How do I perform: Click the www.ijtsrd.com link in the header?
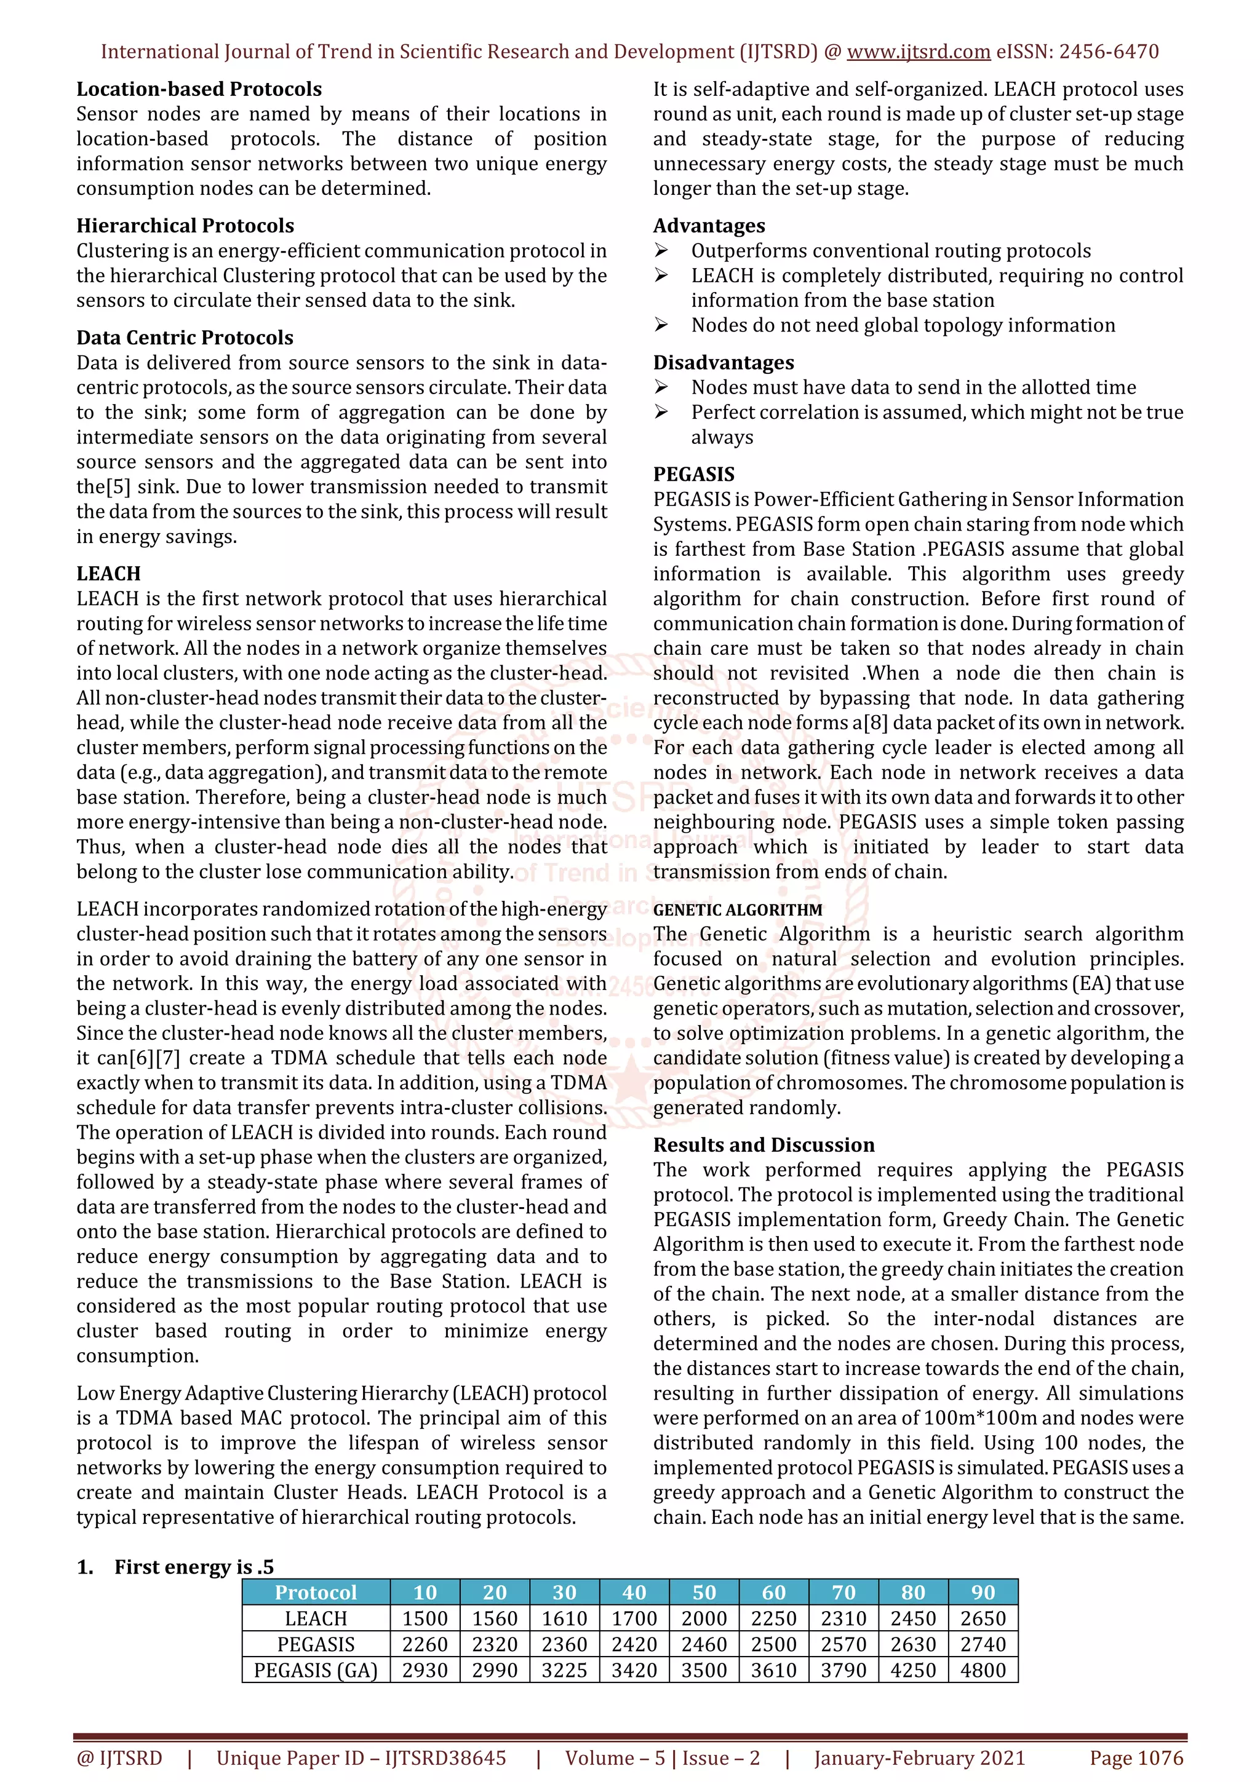[x=918, y=52]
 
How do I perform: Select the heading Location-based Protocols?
[x=199, y=89]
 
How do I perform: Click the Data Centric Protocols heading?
[x=185, y=338]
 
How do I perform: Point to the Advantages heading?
[x=709, y=226]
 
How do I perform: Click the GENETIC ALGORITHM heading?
[x=738, y=909]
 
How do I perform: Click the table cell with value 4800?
[x=983, y=1670]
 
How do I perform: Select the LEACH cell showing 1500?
[x=425, y=1619]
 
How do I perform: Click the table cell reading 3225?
[x=564, y=1670]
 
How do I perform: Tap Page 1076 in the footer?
[x=1136, y=1758]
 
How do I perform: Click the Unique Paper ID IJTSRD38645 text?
[x=361, y=1758]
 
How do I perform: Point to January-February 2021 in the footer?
[x=919, y=1758]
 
